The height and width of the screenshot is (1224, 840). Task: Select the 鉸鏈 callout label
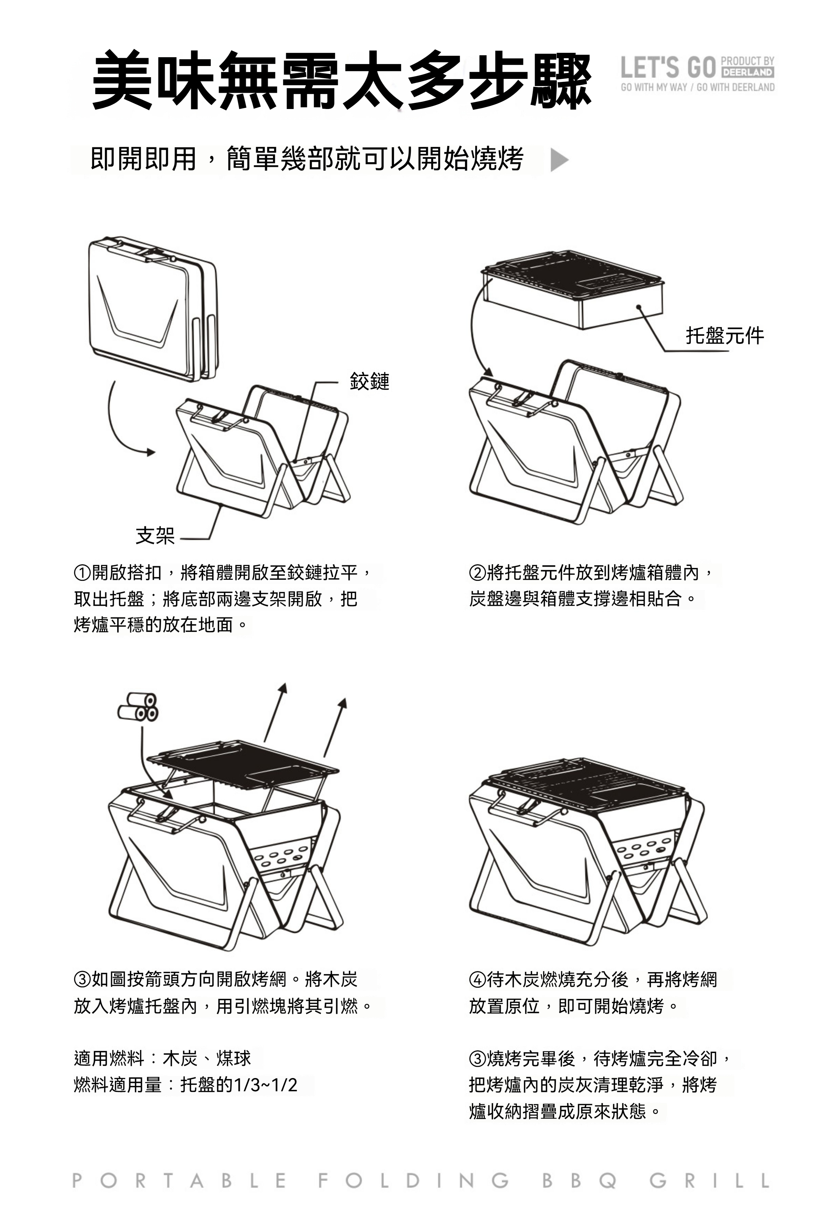click(370, 381)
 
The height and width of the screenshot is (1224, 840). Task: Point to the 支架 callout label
click(155, 535)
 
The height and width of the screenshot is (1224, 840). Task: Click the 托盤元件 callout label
click(724, 335)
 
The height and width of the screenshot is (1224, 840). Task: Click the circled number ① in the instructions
click(82, 572)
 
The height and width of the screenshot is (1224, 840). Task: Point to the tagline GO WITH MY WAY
click(653, 87)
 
